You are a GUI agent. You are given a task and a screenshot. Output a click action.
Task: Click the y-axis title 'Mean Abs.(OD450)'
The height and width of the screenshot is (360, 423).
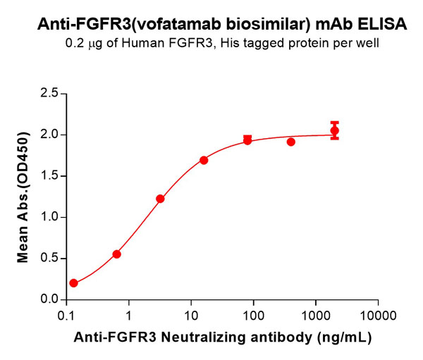pyautogui.click(x=23, y=197)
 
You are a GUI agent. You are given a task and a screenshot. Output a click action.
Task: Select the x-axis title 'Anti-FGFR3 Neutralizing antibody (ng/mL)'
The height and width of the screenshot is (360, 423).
pyautogui.click(x=222, y=337)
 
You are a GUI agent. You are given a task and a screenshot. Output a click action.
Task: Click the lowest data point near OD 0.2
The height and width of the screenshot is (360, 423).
pyautogui.click(x=73, y=283)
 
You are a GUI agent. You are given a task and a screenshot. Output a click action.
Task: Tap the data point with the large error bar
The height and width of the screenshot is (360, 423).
pyautogui.click(x=334, y=130)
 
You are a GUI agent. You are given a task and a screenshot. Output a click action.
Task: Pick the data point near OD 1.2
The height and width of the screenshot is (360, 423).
pyautogui.click(x=160, y=199)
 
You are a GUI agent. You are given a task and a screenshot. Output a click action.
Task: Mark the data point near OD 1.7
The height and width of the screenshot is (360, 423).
pyautogui.click(x=204, y=160)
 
